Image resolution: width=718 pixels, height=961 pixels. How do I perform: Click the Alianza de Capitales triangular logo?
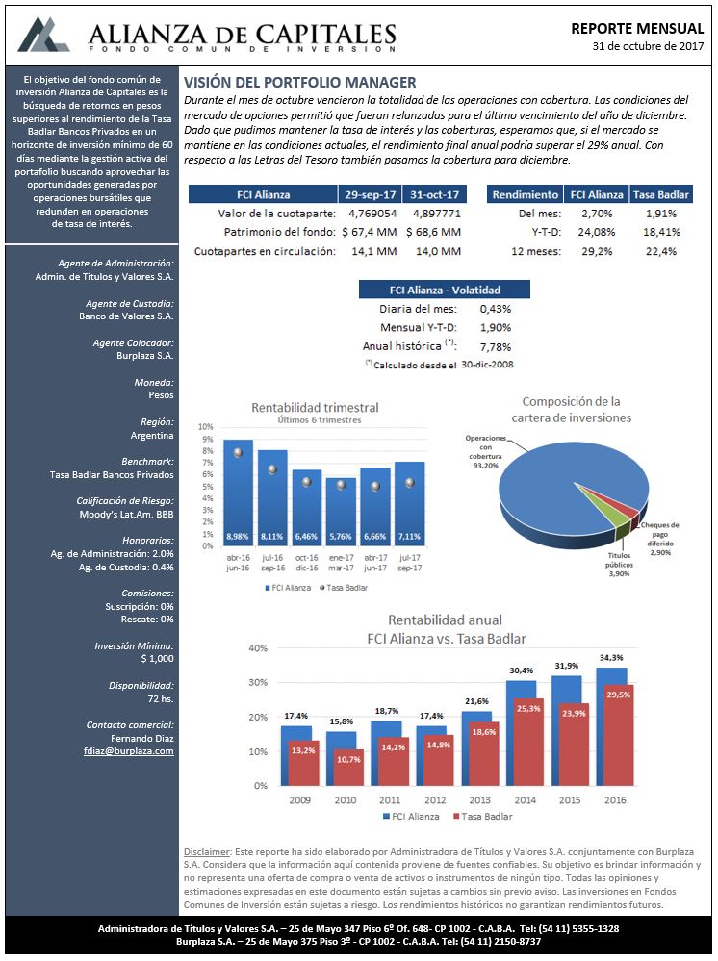coord(43,35)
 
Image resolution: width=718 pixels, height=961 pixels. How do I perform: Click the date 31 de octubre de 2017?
coord(648,46)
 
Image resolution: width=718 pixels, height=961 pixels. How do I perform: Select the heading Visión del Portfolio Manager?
coord(300,83)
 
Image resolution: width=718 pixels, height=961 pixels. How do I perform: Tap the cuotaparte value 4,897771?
coord(437,214)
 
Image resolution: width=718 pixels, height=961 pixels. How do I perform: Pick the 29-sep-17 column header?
coord(371,194)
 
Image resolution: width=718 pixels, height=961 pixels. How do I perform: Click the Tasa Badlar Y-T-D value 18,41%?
coord(661,232)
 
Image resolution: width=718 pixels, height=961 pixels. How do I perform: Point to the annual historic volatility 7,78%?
coord(496,347)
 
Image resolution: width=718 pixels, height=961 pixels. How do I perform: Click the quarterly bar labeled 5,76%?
coord(341,511)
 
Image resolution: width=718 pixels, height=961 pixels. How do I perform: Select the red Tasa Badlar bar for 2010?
coord(348,767)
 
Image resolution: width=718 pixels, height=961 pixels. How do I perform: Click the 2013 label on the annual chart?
coord(479,799)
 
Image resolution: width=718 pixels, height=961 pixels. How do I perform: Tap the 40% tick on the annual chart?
coord(258,647)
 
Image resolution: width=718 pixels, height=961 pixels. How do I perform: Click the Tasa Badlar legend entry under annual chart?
coord(482,817)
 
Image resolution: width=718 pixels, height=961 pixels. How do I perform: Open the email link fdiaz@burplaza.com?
coord(129,750)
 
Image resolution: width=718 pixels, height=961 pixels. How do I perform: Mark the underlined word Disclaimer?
coord(207,852)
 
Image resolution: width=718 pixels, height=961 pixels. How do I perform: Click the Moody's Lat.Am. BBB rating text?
coord(126,515)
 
